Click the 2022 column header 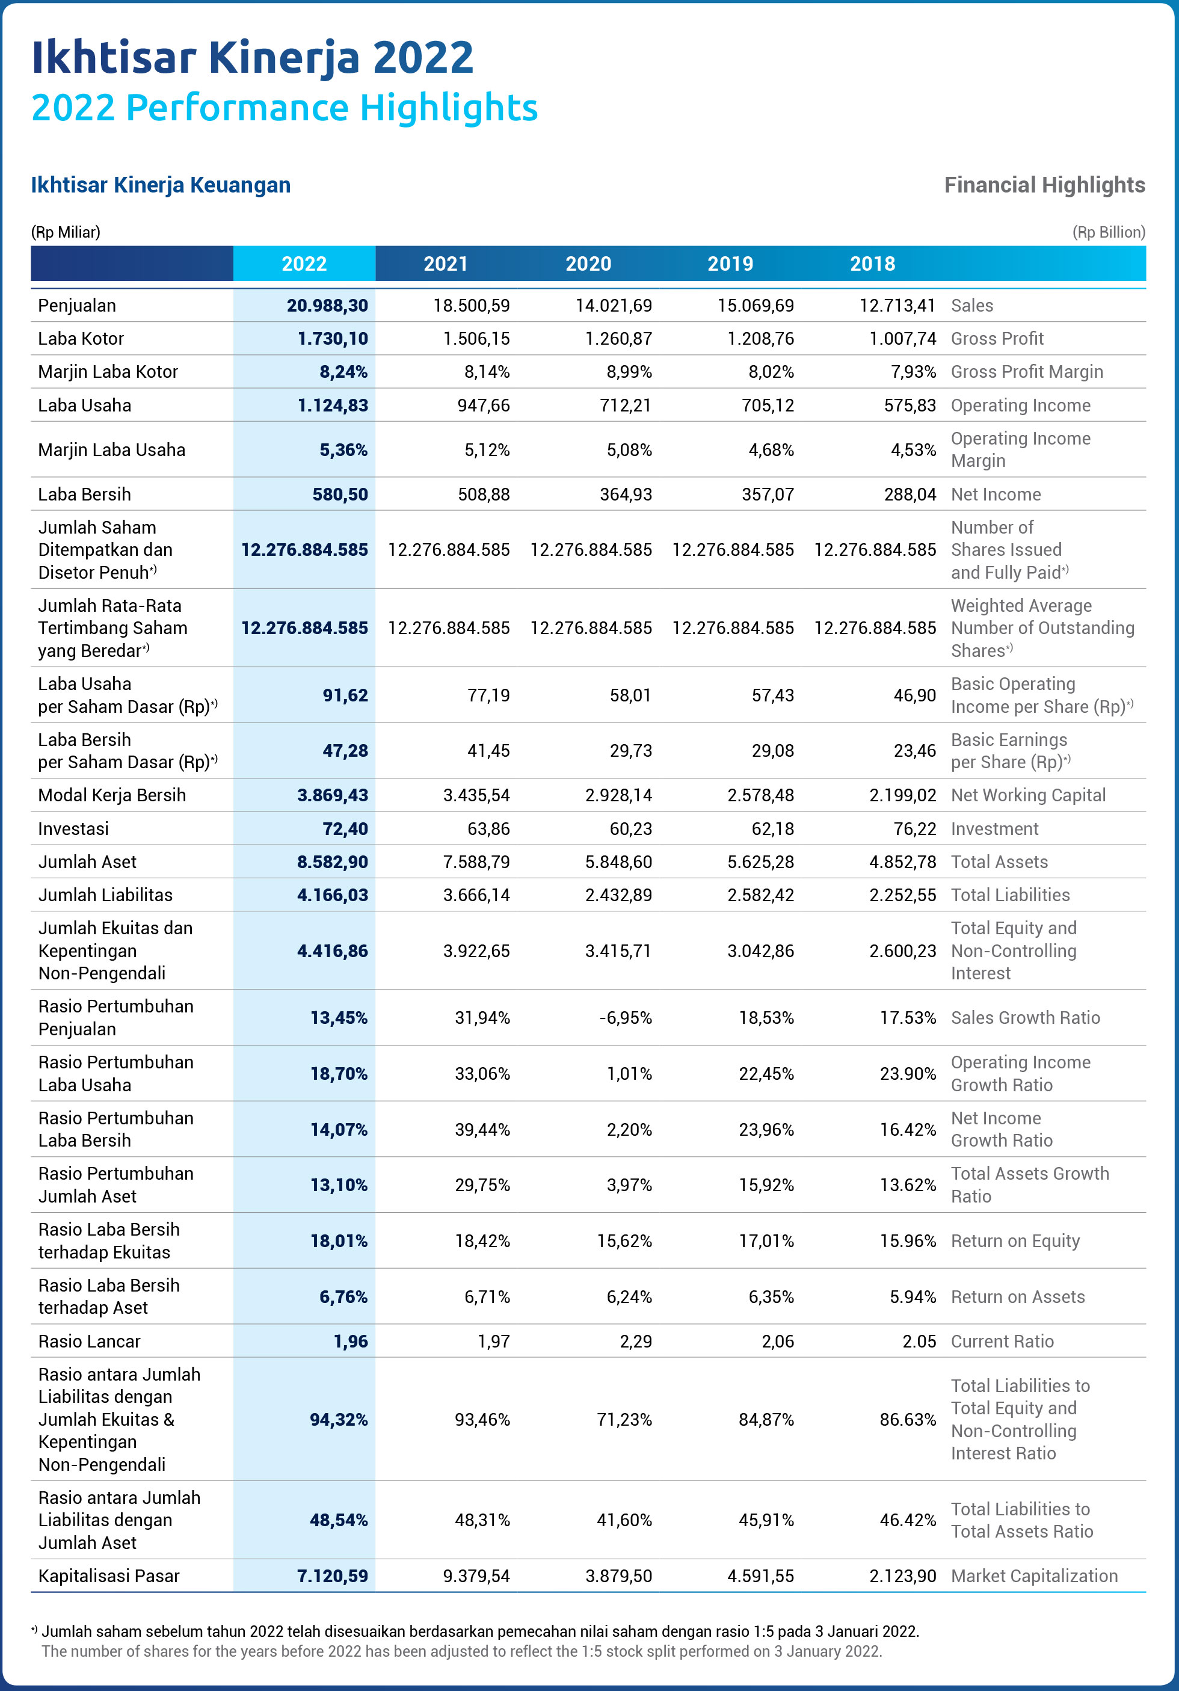304,263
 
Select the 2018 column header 873,263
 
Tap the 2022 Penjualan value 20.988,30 328,306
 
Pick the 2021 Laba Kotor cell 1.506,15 476,339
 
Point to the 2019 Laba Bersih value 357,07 768,494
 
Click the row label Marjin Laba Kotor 108,372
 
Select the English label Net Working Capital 1028,795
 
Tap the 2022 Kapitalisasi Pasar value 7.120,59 333,1576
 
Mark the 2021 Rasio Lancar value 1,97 493,1341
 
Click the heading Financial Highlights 1045,185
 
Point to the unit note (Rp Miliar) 66,232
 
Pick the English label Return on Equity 1015,1241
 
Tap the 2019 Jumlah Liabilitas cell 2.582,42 761,896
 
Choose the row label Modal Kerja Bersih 112,795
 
